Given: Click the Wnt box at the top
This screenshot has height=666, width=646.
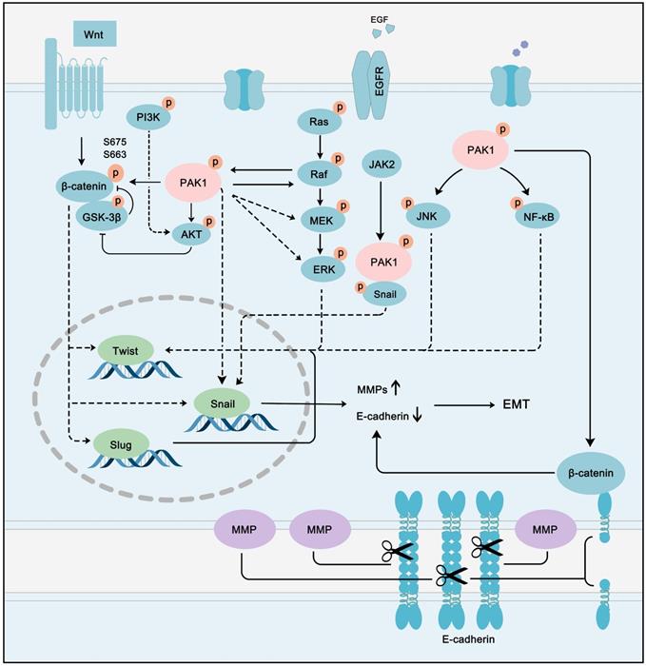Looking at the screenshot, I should (x=92, y=34).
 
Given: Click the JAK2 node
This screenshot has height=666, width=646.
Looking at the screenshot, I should (x=382, y=166).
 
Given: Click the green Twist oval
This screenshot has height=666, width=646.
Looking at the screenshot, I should (x=125, y=350).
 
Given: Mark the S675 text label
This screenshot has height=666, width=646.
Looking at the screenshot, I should (x=115, y=139).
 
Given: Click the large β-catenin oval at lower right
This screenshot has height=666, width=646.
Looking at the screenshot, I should (x=592, y=472).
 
